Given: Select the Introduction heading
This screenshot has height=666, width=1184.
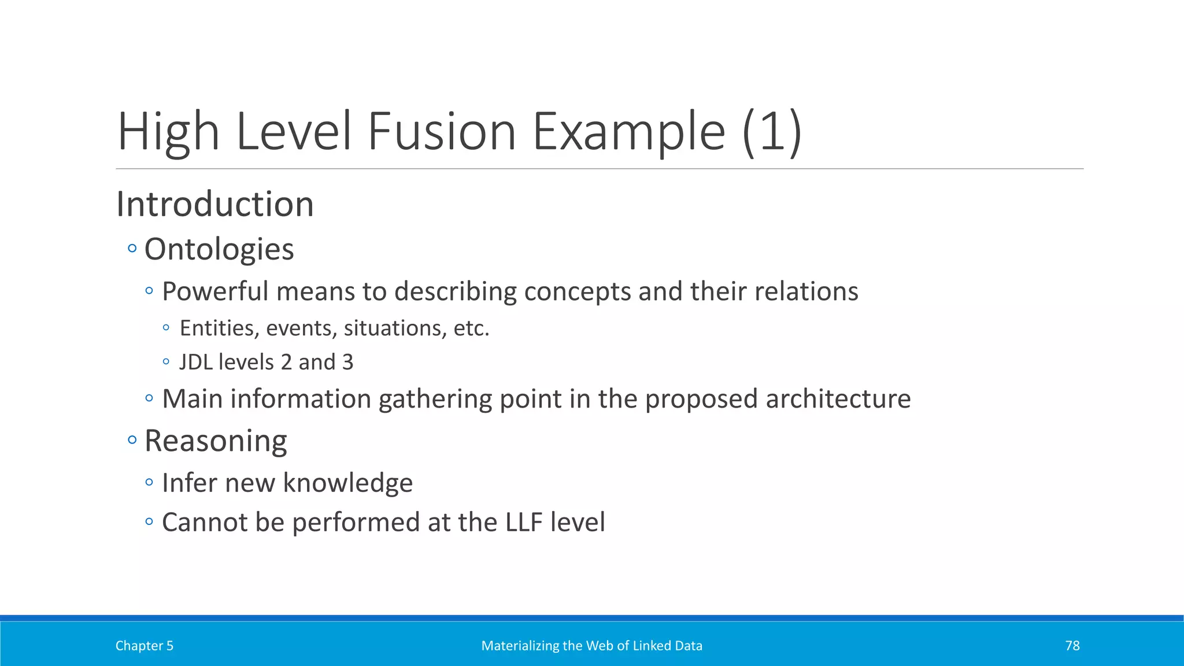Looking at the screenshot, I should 215,204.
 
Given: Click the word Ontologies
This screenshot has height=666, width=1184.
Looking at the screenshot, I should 219,249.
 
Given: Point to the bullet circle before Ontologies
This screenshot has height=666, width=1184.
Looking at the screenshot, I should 132,249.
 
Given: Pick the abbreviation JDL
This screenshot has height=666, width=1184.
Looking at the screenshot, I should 196,362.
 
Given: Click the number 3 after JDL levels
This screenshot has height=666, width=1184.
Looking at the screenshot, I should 347,362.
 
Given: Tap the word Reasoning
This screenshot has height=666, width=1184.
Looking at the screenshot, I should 216,441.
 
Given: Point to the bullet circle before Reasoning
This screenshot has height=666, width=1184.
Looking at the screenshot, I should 132,440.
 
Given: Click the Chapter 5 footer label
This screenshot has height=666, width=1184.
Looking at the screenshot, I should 145,646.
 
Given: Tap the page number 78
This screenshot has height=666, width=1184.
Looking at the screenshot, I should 1072,646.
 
